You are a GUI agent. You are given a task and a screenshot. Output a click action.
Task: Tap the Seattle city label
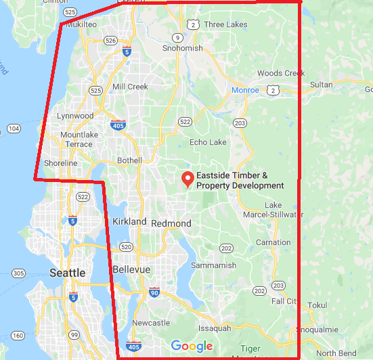point(68,273)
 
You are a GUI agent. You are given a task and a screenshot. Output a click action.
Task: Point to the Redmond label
point(171,223)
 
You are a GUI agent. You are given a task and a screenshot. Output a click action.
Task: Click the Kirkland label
point(129,221)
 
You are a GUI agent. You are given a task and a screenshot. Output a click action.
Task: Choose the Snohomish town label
point(182,48)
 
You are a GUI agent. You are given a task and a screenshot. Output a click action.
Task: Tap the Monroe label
point(245,89)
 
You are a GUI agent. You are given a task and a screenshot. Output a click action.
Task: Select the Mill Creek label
point(130,87)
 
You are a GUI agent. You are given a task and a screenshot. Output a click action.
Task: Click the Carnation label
point(273,242)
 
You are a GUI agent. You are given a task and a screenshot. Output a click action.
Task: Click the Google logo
point(192,346)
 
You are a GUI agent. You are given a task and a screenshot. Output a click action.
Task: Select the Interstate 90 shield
point(154,292)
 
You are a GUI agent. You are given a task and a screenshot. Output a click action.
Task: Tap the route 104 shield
point(14,129)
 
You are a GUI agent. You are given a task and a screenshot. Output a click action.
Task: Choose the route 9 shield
point(177,37)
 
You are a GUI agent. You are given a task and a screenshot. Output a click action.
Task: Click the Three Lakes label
point(225,24)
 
